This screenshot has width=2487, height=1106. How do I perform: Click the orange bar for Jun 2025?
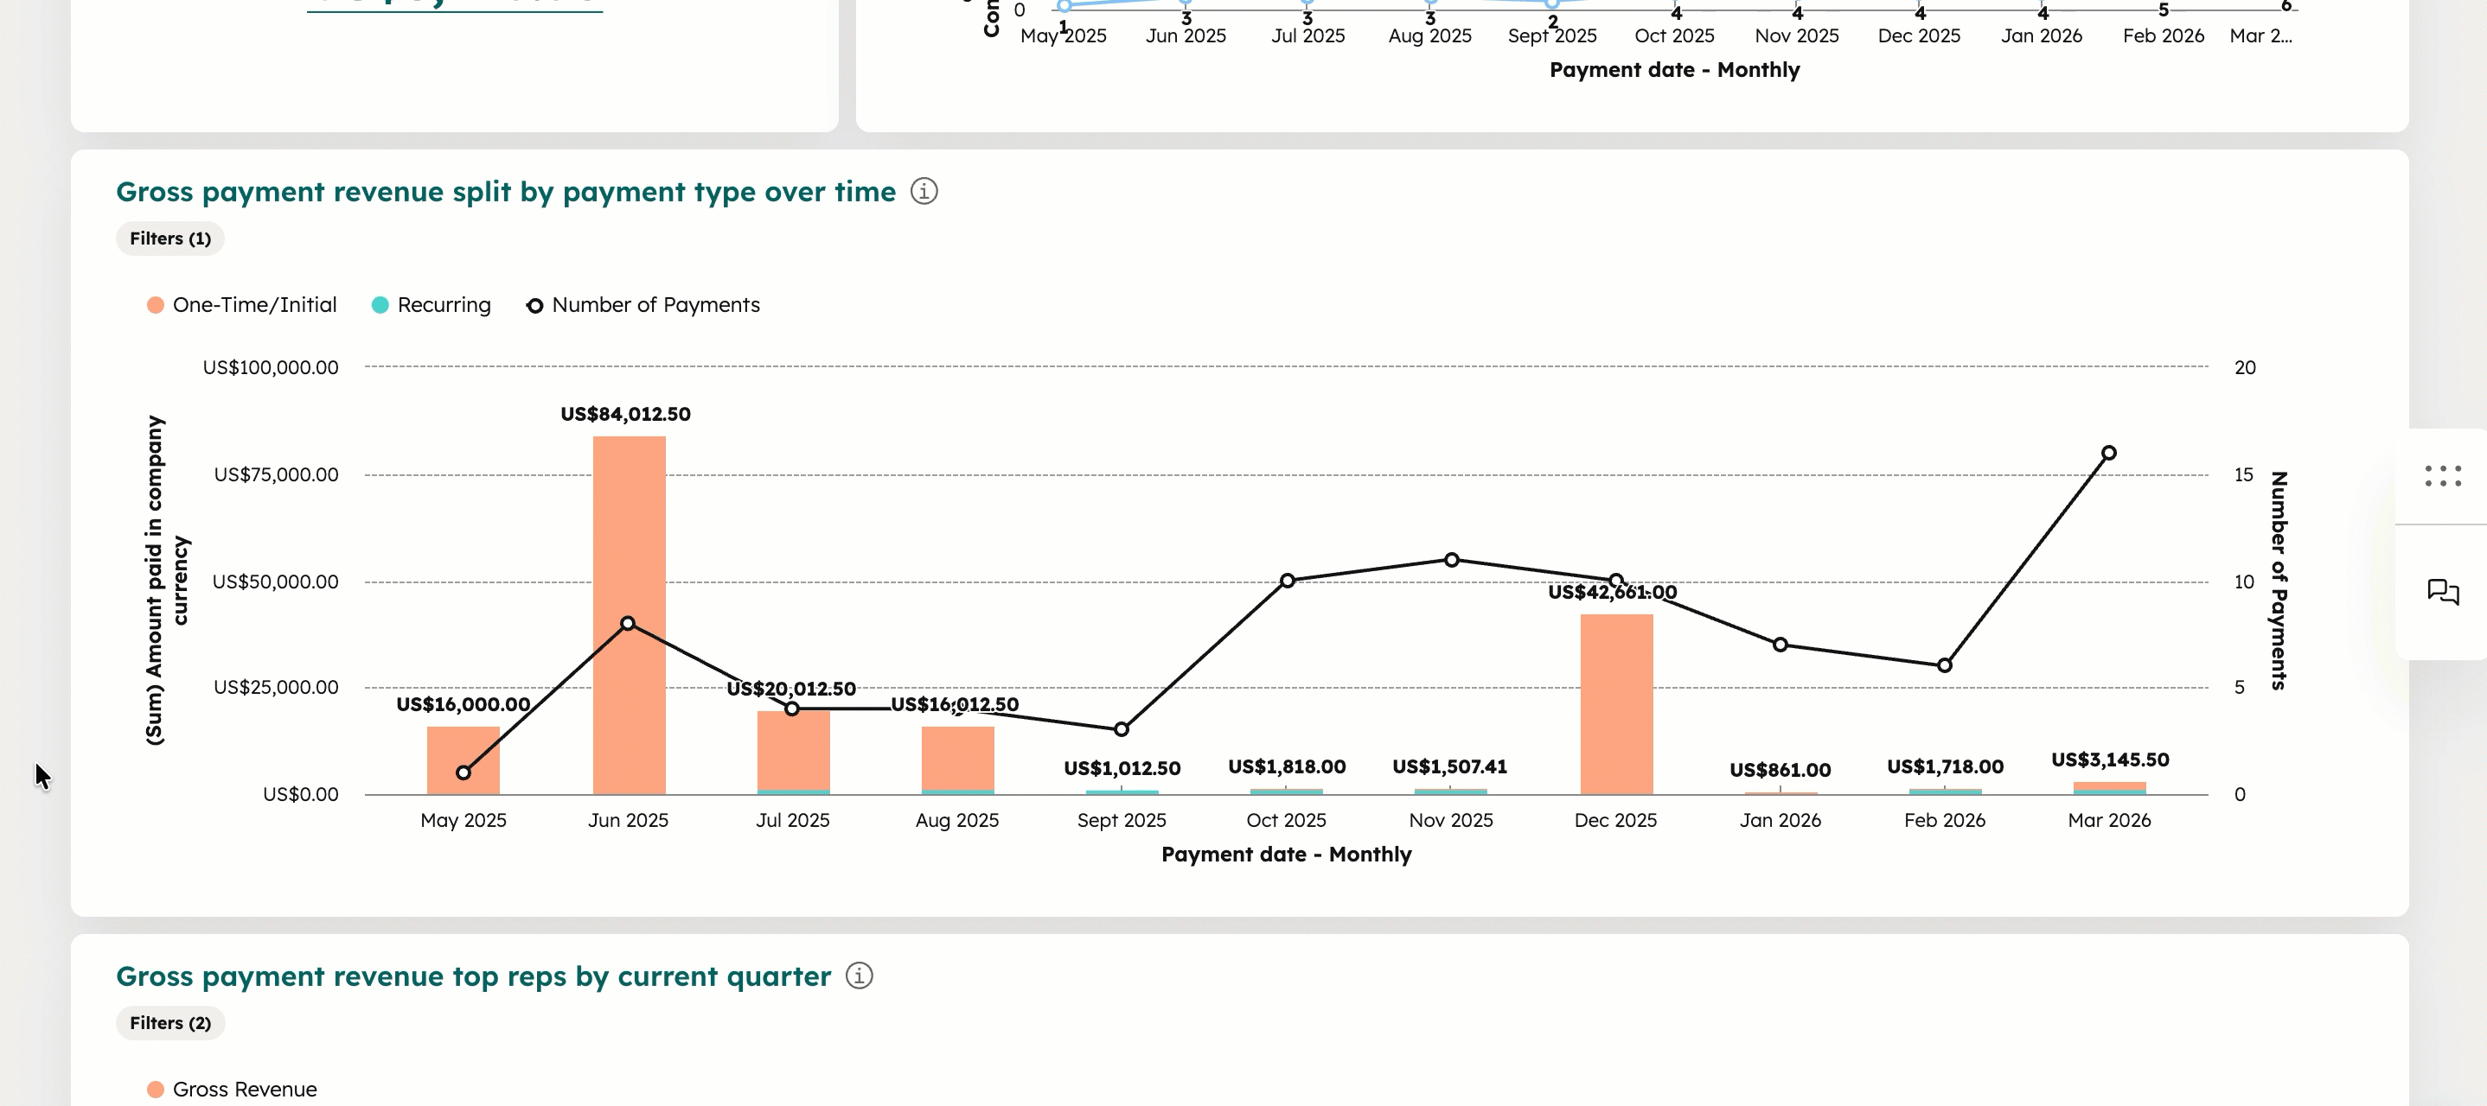pos(629,540)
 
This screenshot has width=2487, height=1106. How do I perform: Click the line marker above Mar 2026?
pos(2108,453)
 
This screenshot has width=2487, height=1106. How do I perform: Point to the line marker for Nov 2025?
pos(1451,560)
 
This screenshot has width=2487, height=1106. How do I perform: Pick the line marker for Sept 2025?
pos(1121,728)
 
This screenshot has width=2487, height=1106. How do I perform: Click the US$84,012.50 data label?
pos(625,414)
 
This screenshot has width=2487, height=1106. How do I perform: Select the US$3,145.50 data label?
pos(2109,760)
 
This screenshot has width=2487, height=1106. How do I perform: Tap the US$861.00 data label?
pos(1780,769)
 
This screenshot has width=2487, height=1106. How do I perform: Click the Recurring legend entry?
pos(432,305)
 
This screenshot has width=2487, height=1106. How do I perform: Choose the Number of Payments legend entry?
pos(643,305)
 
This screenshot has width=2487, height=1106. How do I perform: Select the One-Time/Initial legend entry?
pos(241,305)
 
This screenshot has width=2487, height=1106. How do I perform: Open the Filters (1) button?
pos(169,238)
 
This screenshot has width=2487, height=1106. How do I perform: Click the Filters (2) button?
pos(169,1023)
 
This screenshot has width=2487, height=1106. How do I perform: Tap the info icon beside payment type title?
pos(924,191)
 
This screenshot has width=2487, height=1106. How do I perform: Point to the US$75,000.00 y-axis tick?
pos(276,474)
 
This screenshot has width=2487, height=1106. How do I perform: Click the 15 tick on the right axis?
pos(2243,474)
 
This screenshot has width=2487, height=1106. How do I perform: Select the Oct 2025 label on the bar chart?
pos(1286,819)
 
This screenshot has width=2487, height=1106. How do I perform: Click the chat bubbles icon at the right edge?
pos(2443,592)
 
